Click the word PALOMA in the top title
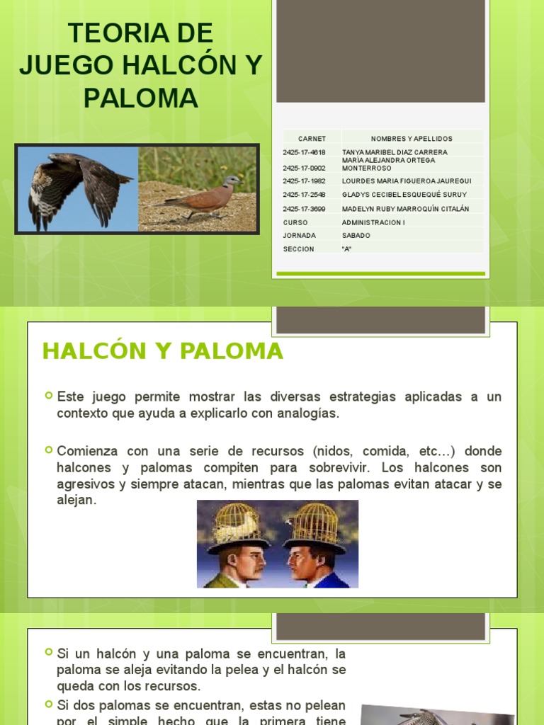(x=140, y=98)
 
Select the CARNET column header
(x=312, y=139)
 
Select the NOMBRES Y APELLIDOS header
(x=412, y=139)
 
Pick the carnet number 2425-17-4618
(x=304, y=152)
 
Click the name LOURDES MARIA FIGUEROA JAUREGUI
(x=407, y=181)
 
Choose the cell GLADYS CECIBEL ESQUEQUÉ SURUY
(x=404, y=195)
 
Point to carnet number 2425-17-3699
(x=304, y=209)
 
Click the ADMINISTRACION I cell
(x=374, y=222)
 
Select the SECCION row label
(x=298, y=249)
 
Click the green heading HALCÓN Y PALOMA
(x=162, y=351)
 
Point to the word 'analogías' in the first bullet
(x=308, y=413)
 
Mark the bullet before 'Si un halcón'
(x=49, y=651)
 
